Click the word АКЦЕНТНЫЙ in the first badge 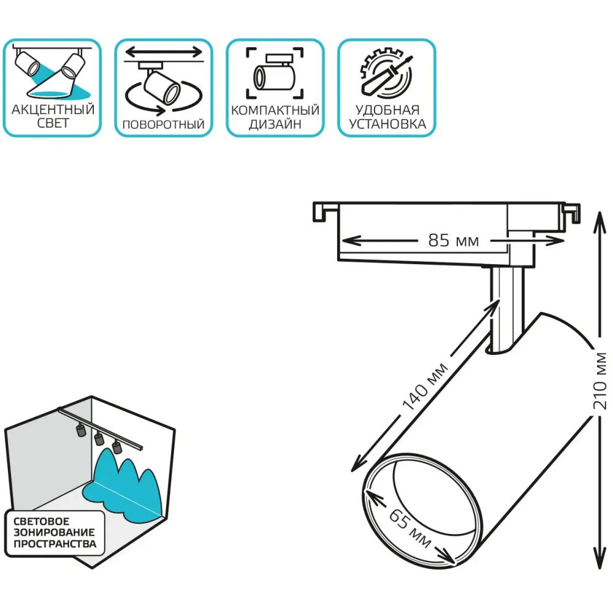click(53, 110)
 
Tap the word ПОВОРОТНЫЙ click(163, 124)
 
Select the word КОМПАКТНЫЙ click(275, 110)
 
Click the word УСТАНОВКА click(387, 123)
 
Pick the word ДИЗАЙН click(275, 124)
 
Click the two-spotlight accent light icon click(53, 72)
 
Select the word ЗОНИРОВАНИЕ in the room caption click(55, 531)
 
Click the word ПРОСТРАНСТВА click(55, 544)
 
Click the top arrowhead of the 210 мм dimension click(598, 216)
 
